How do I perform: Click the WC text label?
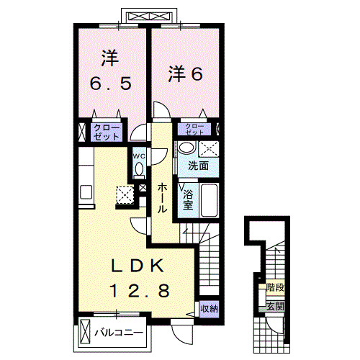click(x=138, y=153)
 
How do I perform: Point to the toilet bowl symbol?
click(x=138, y=169)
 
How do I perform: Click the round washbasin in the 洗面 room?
click(x=186, y=148)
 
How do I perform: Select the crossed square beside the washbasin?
click(x=210, y=148)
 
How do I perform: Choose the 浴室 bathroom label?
click(x=188, y=199)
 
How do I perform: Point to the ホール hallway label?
click(x=163, y=196)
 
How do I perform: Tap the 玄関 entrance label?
click(x=274, y=306)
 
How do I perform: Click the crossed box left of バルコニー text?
click(x=86, y=333)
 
